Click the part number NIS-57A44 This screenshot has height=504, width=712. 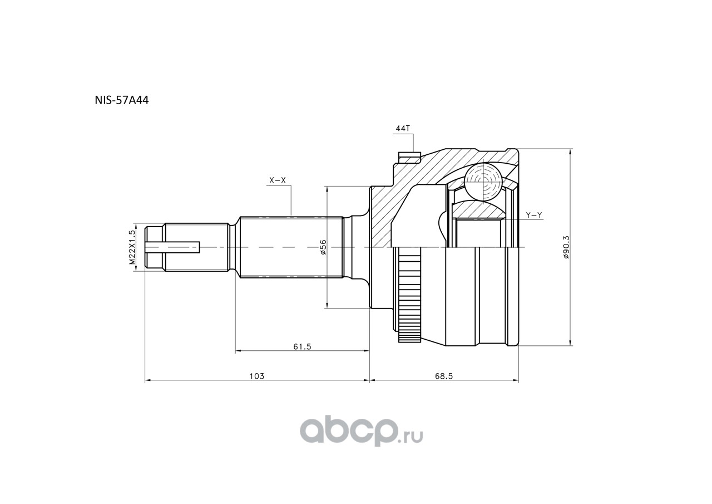tap(122, 101)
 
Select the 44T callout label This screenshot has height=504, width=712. tap(402, 128)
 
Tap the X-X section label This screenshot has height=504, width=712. tap(277, 180)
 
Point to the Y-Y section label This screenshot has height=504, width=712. tap(533, 215)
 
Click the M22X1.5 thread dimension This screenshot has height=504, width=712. tap(132, 247)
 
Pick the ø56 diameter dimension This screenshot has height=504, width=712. tap(323, 247)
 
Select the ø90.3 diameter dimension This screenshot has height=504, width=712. tap(566, 247)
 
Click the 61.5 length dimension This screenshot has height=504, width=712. tap(301, 346)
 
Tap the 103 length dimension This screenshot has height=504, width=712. tap(256, 376)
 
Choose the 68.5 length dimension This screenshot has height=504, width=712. tap(444, 376)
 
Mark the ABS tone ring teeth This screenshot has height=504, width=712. tap(409, 295)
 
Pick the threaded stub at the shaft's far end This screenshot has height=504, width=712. tap(154, 247)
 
